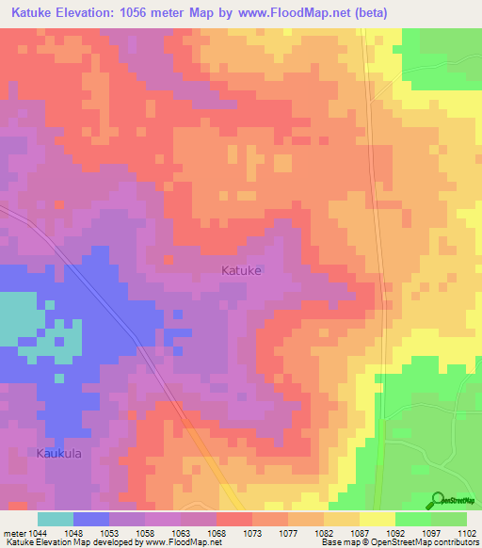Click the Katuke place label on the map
(241, 270)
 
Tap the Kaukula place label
(60, 453)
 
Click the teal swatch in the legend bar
(56, 519)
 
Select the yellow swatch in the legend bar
(378, 519)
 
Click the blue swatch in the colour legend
(91, 519)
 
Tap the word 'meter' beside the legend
(12, 533)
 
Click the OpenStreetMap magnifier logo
(438, 501)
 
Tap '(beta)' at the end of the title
(361, 13)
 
